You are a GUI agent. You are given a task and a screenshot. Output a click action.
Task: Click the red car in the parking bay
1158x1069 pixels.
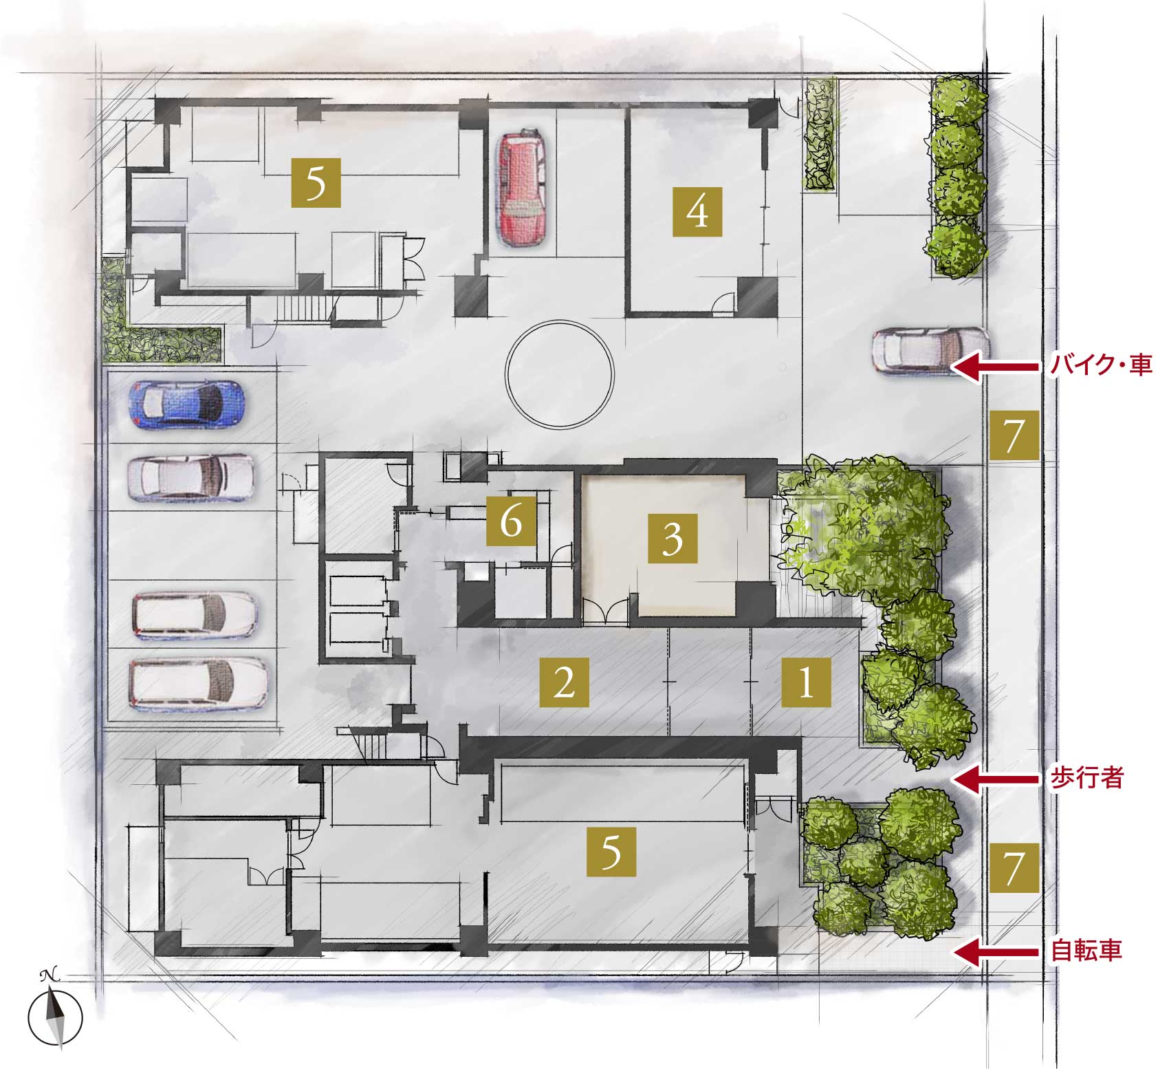click(523, 188)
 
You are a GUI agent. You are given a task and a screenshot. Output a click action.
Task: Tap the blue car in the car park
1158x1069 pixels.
click(186, 405)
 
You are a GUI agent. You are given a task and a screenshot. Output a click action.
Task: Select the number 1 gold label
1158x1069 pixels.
click(806, 683)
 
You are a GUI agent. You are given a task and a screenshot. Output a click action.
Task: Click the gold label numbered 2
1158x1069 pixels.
click(564, 683)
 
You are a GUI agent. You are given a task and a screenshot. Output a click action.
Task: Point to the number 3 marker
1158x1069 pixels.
click(673, 537)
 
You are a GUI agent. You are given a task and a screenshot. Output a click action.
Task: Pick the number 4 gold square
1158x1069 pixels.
click(697, 212)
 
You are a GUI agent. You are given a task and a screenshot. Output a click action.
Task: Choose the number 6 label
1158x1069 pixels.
click(511, 521)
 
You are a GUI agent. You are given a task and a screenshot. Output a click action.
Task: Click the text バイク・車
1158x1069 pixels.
click(1100, 365)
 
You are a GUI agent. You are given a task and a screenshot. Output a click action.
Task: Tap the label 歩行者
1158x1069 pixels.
click(1086, 778)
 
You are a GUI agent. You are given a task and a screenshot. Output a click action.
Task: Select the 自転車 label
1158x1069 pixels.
click(1086, 951)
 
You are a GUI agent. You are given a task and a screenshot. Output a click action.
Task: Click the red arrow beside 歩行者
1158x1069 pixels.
click(996, 779)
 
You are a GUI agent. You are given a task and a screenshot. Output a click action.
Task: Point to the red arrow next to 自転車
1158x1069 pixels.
click(996, 952)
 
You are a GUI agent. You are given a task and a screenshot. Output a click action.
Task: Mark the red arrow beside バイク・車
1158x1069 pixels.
click(996, 367)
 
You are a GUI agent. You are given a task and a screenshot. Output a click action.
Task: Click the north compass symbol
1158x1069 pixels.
click(55, 1015)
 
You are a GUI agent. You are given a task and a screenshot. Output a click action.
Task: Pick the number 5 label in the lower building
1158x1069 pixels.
click(611, 852)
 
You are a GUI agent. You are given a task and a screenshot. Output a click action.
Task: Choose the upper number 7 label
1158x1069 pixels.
click(1014, 435)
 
